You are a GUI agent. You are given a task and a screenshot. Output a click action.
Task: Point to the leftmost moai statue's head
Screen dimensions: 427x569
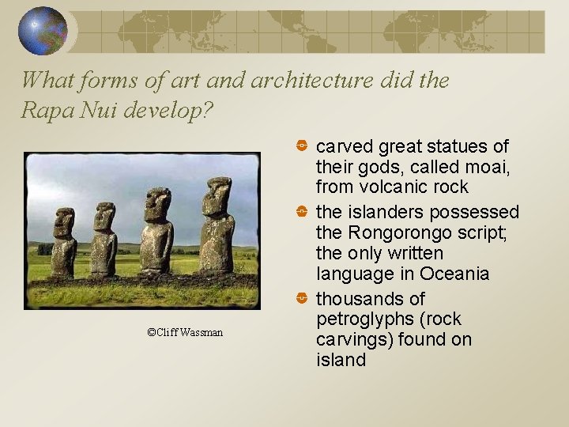pyautogui.click(x=63, y=222)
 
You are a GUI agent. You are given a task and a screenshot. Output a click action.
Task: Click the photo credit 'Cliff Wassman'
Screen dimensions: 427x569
pyautogui.click(x=185, y=332)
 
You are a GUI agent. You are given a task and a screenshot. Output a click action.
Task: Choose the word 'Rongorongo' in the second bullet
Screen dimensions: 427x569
pyautogui.click(x=393, y=233)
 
